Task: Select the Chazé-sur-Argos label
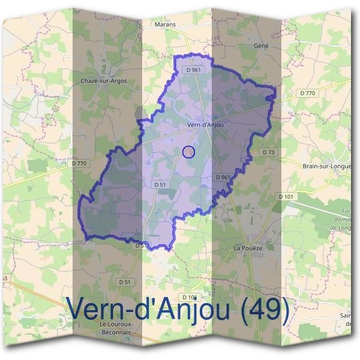[x=103, y=80]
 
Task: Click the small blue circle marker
[x=188, y=152]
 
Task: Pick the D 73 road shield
[x=268, y=152]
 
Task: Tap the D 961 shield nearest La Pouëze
[x=223, y=177]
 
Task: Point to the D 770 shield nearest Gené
[x=307, y=93]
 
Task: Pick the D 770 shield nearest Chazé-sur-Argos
[x=79, y=163]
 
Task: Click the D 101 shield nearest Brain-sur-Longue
[x=287, y=197]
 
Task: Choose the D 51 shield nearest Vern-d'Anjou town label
[x=159, y=185]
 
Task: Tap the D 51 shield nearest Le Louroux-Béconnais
[x=125, y=282]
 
